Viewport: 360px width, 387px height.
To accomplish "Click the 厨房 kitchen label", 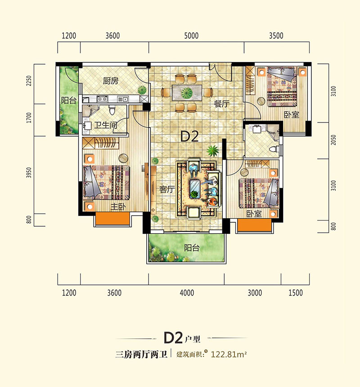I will pyautogui.click(x=110, y=81).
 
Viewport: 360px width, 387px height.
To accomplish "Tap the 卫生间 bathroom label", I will pyautogui.click(x=105, y=126).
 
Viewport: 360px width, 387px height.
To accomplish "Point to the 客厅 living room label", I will pyautogui.click(x=166, y=189).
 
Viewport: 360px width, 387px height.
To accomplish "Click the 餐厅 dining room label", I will pyautogui.click(x=222, y=104).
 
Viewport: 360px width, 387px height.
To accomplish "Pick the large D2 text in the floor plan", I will pyautogui.click(x=190, y=137).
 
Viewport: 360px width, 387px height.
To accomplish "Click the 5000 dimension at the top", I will pyautogui.click(x=191, y=36).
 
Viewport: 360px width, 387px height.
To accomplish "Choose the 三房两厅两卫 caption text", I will pyautogui.click(x=141, y=355).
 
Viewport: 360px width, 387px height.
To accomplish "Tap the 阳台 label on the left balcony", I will pyautogui.click(x=68, y=101).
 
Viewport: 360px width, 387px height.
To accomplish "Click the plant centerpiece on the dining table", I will pyautogui.click(x=185, y=93).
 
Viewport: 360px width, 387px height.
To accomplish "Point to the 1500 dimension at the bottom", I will pyautogui.click(x=295, y=293).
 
